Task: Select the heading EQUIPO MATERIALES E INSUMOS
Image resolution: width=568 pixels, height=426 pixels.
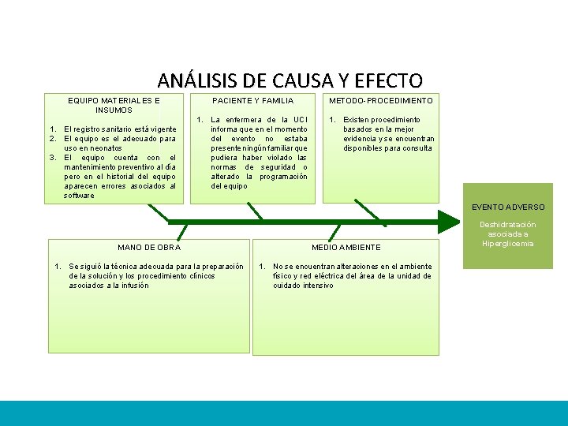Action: click(114, 105)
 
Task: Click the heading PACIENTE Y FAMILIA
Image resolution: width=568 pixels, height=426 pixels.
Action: click(253, 101)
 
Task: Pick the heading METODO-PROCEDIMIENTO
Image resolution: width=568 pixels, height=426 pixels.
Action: click(381, 101)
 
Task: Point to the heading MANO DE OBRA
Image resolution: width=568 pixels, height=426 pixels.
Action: click(149, 248)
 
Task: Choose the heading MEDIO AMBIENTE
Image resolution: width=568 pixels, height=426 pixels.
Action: click(346, 248)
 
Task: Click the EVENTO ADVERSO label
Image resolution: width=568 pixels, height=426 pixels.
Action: click(508, 207)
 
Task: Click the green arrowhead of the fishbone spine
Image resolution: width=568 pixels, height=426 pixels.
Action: click(447, 222)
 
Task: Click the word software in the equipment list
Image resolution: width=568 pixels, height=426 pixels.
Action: click(79, 196)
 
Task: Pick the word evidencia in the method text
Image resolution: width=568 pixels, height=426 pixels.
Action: click(361, 139)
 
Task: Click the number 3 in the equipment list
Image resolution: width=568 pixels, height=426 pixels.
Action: click(52, 158)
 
